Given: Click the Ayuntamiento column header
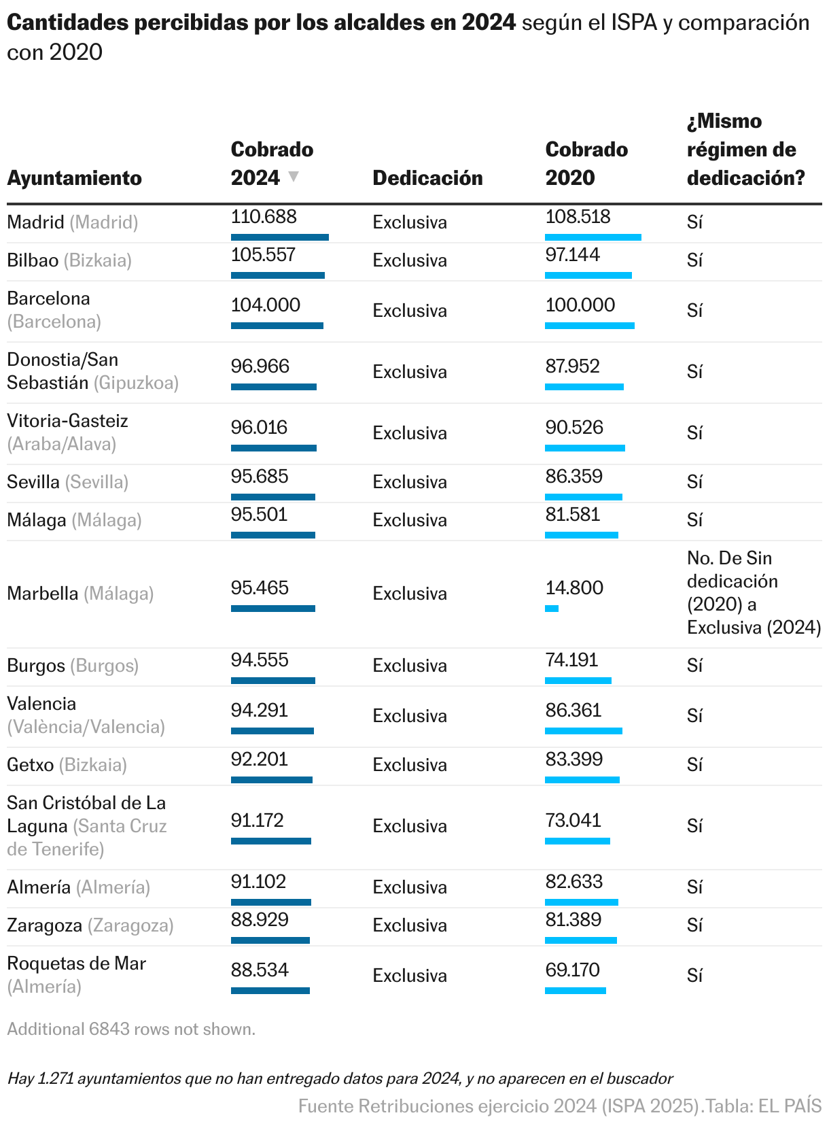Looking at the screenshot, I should coord(74,178).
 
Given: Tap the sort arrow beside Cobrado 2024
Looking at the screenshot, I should coord(293,176).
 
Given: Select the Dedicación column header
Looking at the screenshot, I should coord(427,178).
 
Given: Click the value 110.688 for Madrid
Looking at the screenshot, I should coord(264,217).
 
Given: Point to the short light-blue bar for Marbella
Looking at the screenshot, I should coord(552,608).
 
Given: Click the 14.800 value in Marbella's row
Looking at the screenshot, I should coord(574,587).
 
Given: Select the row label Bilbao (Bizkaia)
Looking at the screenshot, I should coord(69,260).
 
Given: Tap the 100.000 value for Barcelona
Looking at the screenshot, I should coord(580,305).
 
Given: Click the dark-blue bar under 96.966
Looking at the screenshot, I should coord(273,387).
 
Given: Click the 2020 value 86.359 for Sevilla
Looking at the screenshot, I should coord(574,476).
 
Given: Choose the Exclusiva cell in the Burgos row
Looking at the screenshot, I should coord(409,666).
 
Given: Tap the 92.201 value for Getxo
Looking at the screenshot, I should coord(260,759).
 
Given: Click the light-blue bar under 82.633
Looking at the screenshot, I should coord(581,902).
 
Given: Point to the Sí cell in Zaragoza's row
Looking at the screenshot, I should coord(694,925).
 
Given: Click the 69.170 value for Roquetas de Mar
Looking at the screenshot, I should coord(572,970).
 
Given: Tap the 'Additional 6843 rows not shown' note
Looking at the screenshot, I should coord(131,1029).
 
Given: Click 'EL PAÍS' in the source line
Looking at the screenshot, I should coord(790,1106).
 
